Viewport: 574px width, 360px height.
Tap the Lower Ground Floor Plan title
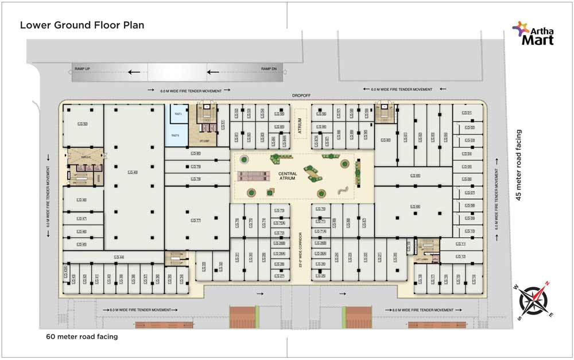pyautogui.click(x=82, y=25)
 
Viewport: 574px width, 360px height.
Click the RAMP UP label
pyautogui.click(x=83, y=69)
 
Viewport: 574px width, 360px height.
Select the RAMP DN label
pyautogui.click(x=269, y=69)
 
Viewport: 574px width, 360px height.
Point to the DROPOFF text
pyautogui.click(x=301, y=96)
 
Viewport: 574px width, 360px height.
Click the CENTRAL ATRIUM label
pyautogui.click(x=286, y=176)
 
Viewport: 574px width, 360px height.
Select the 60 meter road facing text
pyautogui.click(x=82, y=336)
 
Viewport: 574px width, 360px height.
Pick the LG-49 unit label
pyautogui.click(x=133, y=172)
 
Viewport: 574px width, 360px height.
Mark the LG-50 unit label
pyautogui.click(x=83, y=124)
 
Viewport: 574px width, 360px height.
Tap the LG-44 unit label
pyautogui.click(x=119, y=257)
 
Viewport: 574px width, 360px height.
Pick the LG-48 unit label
pyautogui.click(x=82, y=200)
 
